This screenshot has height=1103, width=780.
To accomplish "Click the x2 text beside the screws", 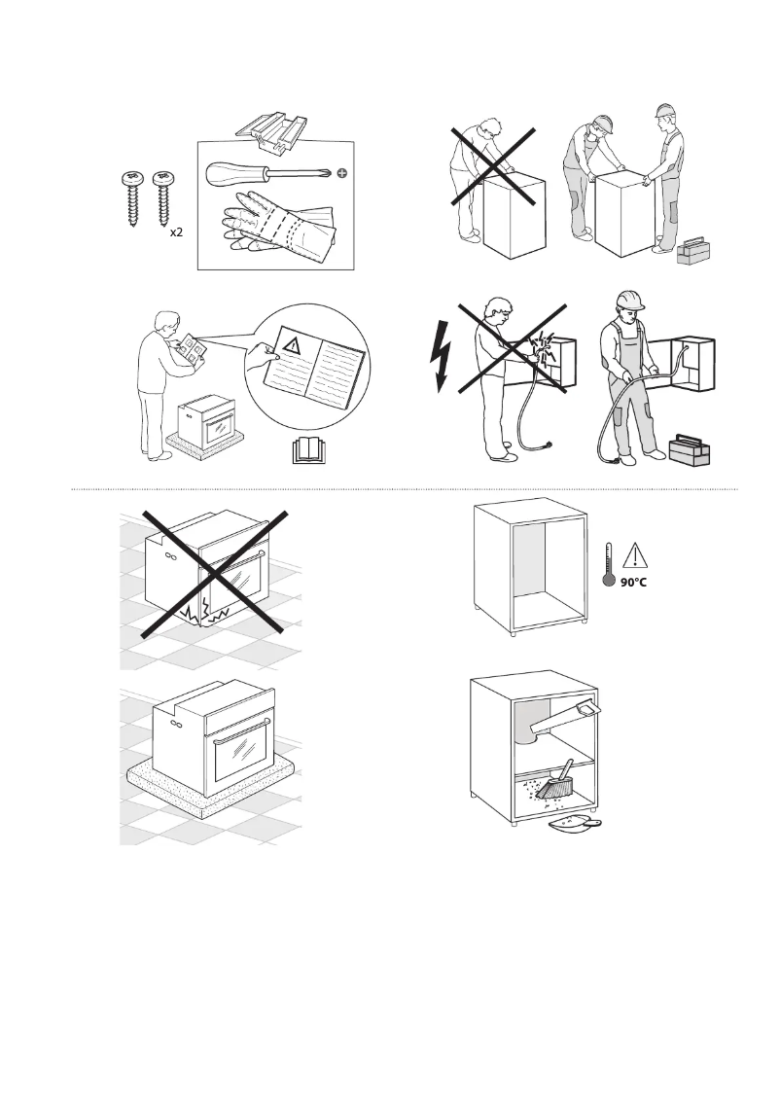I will click(x=177, y=234).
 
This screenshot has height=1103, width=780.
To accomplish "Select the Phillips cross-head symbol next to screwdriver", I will click(x=341, y=175).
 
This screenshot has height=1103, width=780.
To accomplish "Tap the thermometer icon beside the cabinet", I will click(x=609, y=567).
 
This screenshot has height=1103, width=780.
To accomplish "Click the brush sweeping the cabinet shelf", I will click(x=558, y=781).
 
